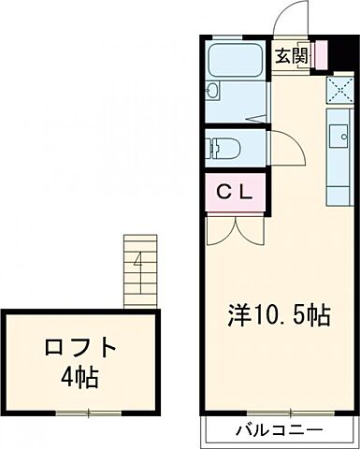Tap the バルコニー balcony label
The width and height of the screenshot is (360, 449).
pos(279,431)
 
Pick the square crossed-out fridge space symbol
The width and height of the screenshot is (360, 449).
pos(337,89)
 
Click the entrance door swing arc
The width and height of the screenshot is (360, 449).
pos(295,19)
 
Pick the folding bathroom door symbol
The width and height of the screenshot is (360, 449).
pos(254,119)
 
